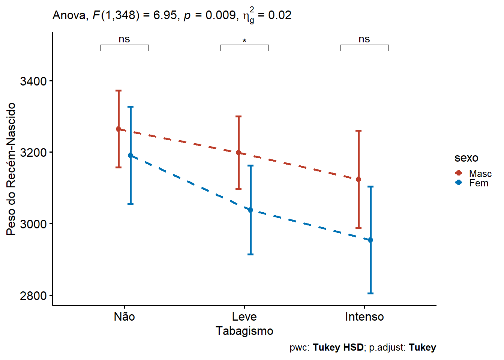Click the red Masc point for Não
click(x=118, y=129)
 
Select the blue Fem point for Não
click(x=130, y=155)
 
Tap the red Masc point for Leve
click(x=238, y=153)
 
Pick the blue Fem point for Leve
click(x=250, y=210)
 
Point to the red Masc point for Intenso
click(x=358, y=179)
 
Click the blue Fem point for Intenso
click(x=370, y=240)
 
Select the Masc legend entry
click(x=473, y=173)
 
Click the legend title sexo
click(x=466, y=158)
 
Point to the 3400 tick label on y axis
click(x=33, y=81)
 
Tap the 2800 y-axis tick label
click(x=33, y=295)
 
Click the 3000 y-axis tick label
click(x=33, y=224)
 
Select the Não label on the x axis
click(x=124, y=317)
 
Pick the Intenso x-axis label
click(x=364, y=317)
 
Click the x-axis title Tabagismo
click(x=244, y=331)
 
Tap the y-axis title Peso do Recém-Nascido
click(x=11, y=169)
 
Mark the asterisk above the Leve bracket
click(x=244, y=40)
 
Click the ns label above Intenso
click(x=364, y=39)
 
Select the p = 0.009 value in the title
click(x=209, y=15)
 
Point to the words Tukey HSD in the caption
click(x=338, y=348)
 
